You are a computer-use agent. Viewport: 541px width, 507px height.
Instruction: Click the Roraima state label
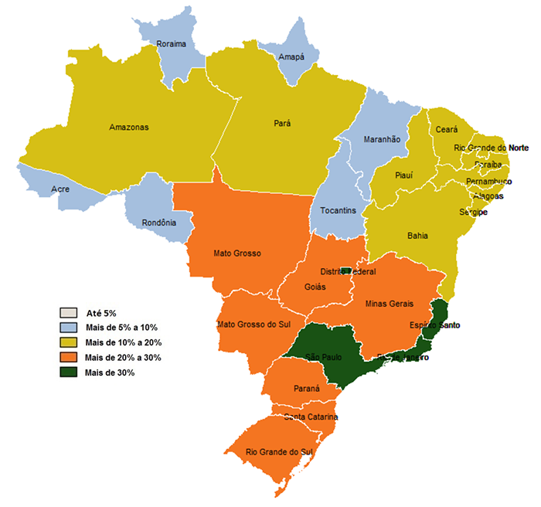pos(171,44)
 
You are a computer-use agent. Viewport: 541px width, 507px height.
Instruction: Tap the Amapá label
pos(291,57)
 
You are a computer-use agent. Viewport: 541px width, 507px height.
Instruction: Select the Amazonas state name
pos(128,128)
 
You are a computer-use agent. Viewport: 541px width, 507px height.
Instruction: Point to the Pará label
pos(282,123)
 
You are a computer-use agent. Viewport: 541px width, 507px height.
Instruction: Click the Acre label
pos(60,189)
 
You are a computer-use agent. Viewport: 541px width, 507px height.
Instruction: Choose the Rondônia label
pos(158,223)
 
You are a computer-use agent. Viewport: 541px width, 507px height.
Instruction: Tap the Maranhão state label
pos(382,139)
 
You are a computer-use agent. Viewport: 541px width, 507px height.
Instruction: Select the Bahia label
pos(417,236)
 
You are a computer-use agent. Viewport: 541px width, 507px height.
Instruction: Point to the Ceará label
pos(447,130)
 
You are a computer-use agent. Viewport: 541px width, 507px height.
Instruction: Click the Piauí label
pos(403,175)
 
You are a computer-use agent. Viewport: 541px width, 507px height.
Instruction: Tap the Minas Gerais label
pos(390,304)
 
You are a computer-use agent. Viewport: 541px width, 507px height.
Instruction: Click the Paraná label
pos(306,389)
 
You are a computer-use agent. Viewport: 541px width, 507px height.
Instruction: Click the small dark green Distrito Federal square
pos(346,271)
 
